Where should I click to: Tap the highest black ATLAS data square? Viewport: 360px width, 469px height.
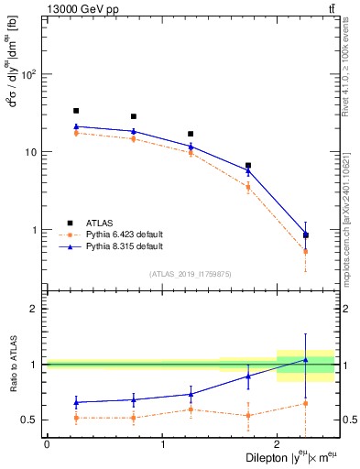pos(76,111)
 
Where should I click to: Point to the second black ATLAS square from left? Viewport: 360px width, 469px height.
pos(134,116)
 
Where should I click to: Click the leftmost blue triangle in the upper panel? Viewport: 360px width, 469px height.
pos(76,126)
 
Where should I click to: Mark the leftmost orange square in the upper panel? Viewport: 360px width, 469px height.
pos(76,133)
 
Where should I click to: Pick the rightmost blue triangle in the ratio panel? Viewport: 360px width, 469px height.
pos(305,360)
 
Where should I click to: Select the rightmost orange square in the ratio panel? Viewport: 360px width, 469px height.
pos(305,403)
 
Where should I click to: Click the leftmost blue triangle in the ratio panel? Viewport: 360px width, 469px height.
pos(76,402)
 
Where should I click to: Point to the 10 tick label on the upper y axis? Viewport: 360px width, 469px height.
pos(31,152)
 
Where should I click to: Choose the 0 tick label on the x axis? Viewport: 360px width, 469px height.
pos(47,444)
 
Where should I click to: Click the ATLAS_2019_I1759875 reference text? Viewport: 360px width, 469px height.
pos(191,274)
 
